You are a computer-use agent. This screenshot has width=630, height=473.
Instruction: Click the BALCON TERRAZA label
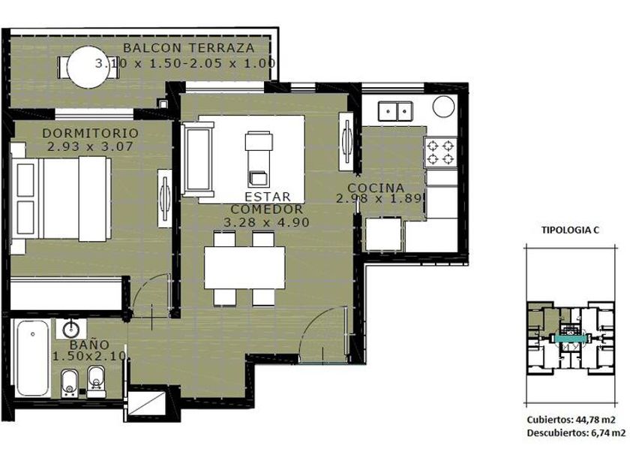[189, 48]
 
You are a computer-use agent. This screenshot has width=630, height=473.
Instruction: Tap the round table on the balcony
[88, 67]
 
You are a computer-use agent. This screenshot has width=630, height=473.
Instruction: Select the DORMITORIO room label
[91, 133]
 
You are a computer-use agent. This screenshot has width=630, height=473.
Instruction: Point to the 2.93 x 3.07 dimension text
[90, 146]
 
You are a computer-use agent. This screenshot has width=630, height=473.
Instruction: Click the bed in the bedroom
[60, 199]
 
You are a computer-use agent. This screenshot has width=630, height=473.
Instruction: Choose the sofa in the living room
[197, 159]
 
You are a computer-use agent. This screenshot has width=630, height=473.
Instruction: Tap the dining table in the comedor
[244, 267]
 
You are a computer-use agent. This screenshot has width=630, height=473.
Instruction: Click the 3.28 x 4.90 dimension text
[266, 222]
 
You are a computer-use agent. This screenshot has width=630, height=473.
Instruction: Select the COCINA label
[376, 188]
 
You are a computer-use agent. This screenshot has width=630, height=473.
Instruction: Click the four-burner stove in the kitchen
[441, 153]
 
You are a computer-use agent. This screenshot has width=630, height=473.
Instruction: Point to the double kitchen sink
[395, 111]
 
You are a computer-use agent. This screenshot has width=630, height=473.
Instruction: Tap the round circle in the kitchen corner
[443, 106]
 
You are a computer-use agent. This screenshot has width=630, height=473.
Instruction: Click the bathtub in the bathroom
[32, 358]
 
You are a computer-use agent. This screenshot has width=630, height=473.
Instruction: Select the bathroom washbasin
[71, 329]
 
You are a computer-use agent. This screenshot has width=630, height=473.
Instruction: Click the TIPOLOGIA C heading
[570, 230]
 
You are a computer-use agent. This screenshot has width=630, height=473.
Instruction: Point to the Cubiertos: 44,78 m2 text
[571, 420]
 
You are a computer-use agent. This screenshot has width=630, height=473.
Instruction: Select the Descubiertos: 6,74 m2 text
[576, 433]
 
